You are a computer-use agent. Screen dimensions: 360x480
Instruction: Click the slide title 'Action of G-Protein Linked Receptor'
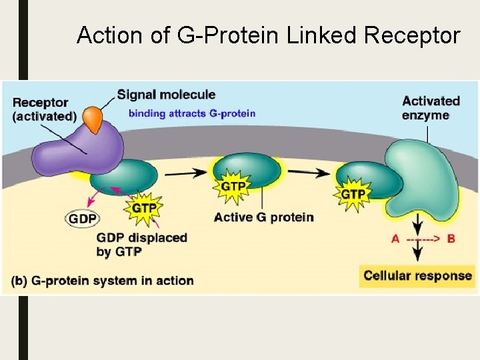click(268, 35)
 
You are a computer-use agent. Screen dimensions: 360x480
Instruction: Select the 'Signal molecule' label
click(166, 95)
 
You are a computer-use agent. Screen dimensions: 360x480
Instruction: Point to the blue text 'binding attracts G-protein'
click(192, 113)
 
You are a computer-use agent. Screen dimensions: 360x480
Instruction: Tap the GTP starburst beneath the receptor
click(144, 207)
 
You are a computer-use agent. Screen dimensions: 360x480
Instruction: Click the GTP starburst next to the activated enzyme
click(353, 193)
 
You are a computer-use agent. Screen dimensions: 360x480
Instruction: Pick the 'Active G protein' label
click(264, 217)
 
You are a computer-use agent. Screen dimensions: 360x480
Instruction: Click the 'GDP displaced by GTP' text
click(141, 244)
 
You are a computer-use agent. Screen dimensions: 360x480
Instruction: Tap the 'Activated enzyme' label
click(431, 107)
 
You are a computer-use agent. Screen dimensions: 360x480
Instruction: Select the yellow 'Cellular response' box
click(417, 275)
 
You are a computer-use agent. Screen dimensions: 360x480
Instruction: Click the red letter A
click(395, 239)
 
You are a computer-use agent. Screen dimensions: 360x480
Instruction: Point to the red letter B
click(451, 239)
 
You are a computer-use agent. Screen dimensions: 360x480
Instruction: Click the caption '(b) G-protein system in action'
click(103, 281)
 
